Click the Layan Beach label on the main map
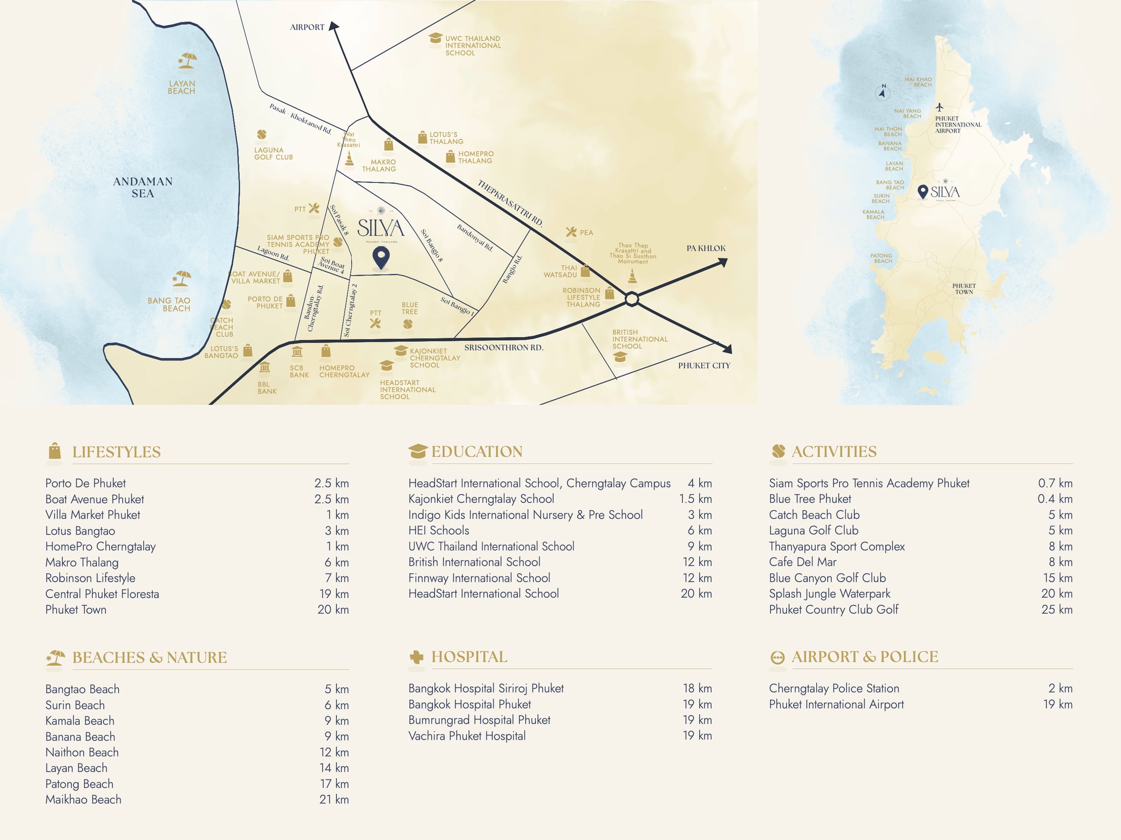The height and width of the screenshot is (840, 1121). [x=181, y=87]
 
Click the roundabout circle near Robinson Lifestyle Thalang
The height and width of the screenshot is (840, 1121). [x=631, y=299]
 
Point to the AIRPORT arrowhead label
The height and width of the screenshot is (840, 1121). [x=307, y=27]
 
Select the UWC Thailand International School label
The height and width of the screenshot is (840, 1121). [x=472, y=45]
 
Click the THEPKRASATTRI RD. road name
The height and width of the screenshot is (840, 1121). [x=510, y=203]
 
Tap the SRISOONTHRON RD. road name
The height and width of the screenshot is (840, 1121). [x=503, y=347]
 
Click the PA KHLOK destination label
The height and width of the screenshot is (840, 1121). [x=706, y=248]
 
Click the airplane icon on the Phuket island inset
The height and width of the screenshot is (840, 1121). [x=939, y=107]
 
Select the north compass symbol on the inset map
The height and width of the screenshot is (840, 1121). [x=883, y=92]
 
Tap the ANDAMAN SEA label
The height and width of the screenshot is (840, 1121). [x=143, y=187]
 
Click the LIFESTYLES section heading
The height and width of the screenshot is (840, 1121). [x=116, y=452]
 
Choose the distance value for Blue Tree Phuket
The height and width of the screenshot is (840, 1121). [x=1055, y=499]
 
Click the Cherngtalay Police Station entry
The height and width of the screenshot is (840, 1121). [x=834, y=688]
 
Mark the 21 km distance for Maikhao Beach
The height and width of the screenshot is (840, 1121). [x=334, y=799]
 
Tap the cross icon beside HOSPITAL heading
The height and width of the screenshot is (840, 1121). [x=416, y=657]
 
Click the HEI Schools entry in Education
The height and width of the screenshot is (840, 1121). [x=438, y=530]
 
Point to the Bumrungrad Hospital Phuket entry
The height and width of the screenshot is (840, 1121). [x=479, y=720]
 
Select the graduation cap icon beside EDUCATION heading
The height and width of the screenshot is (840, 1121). [x=417, y=451]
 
